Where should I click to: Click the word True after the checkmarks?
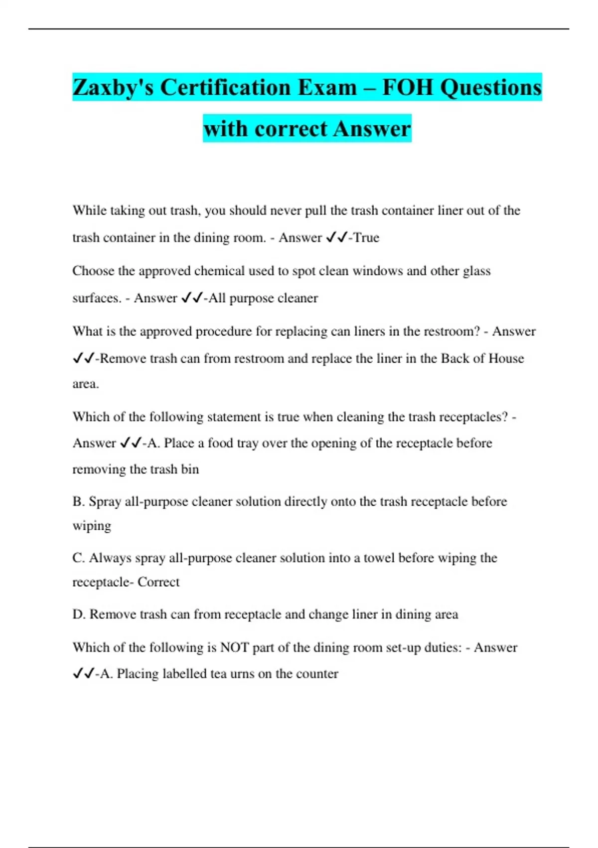click(366, 238)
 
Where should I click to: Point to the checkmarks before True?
click(336, 238)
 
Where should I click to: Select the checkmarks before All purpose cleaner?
click(192, 298)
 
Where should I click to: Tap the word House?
click(506, 359)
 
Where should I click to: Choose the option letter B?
click(78, 501)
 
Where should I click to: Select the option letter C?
click(78, 558)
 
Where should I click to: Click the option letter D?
click(79, 615)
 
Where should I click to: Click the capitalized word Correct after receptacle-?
click(158, 582)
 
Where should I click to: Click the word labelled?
click(184, 674)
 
